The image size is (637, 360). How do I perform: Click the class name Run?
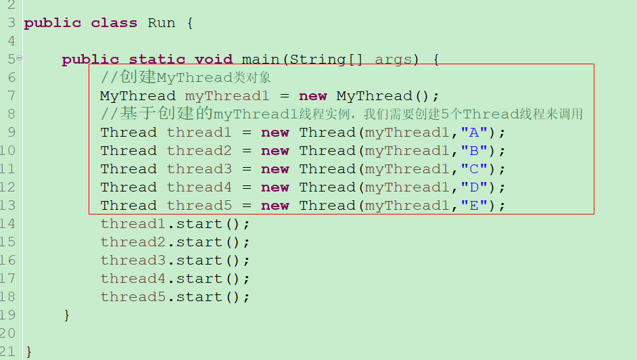point(161,23)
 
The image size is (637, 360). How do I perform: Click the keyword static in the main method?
point(157,60)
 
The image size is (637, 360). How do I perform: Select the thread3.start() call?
point(175,261)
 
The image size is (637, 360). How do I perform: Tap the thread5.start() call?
point(175,297)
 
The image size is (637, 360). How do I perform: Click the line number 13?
point(8,206)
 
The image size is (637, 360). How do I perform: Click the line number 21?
point(8,352)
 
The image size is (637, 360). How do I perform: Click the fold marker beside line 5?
point(19,58)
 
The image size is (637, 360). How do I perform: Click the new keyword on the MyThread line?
point(312,96)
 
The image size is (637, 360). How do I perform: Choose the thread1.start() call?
point(175,224)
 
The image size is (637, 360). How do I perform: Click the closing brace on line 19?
point(66,315)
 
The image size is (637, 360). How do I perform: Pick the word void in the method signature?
point(214,60)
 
